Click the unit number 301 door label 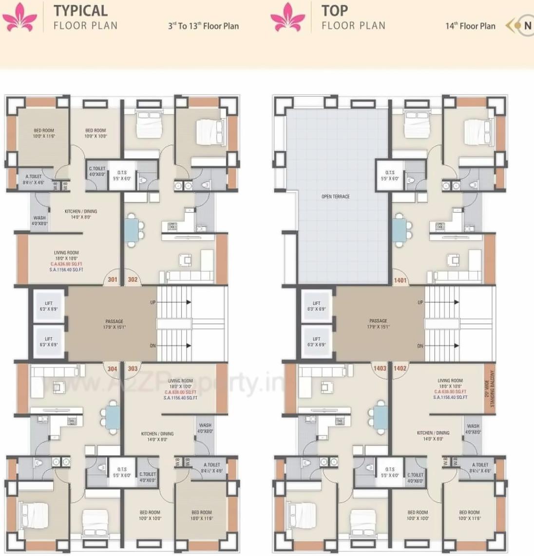113,280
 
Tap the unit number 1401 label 400,280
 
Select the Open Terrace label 336,197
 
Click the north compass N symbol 527,26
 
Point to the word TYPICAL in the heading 80,11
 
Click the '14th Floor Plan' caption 470,26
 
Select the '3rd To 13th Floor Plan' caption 204,26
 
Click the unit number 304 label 112,369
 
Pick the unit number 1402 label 400,369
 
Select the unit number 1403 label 380,369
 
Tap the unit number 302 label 133,280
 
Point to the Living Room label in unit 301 66,253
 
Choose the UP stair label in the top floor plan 420,302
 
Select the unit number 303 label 133,369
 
